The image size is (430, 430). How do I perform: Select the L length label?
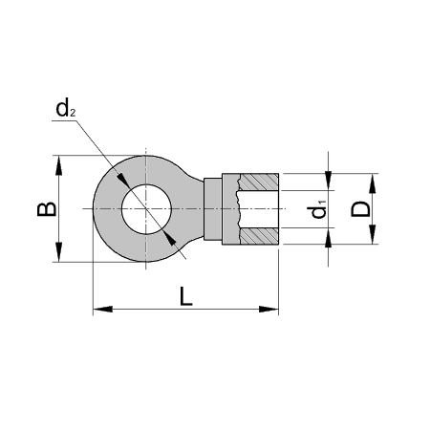click(x=187, y=297)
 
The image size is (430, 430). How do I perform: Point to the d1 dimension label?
click(x=321, y=207)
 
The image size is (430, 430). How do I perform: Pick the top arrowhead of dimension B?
click(x=60, y=164)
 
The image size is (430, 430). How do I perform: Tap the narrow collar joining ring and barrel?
click(x=228, y=207)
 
